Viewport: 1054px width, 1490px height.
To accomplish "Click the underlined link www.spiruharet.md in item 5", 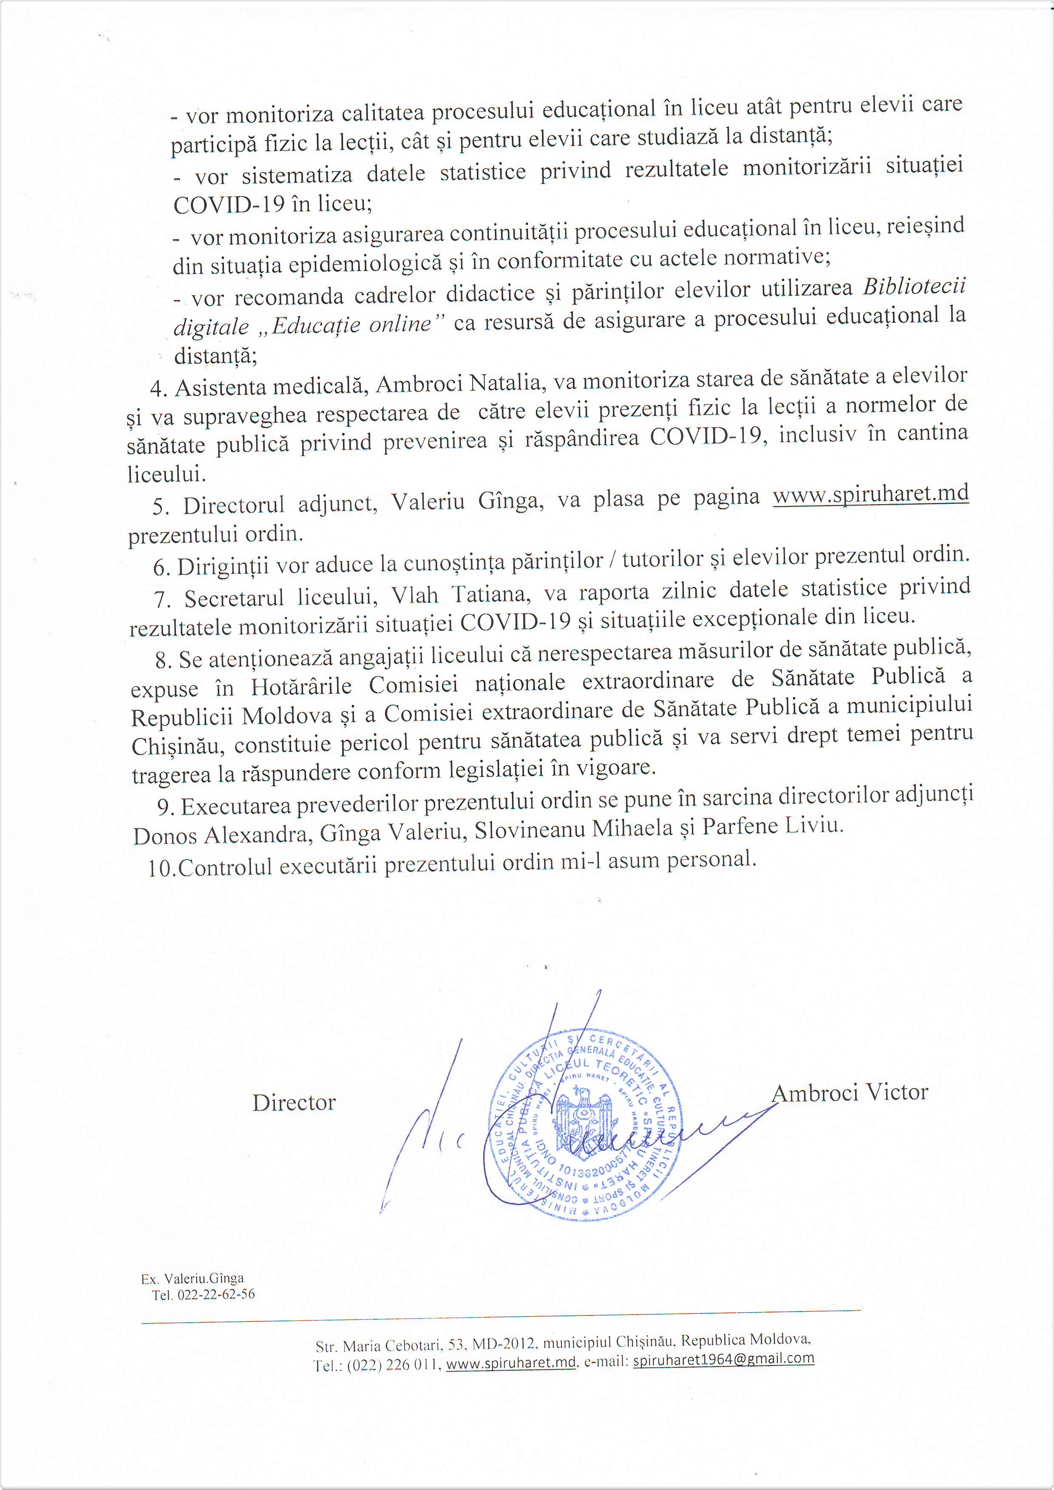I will pyautogui.click(x=870, y=494).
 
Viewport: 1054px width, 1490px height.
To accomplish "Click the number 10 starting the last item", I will pyautogui.click(x=159, y=868).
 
